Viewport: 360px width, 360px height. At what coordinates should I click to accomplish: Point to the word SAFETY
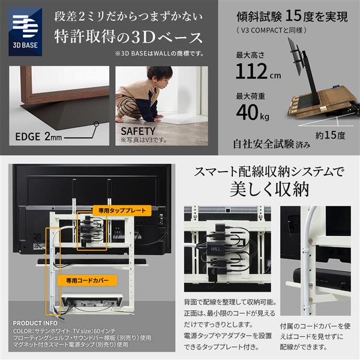coord(138,130)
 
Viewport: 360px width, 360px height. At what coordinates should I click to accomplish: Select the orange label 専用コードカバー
coord(81,280)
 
